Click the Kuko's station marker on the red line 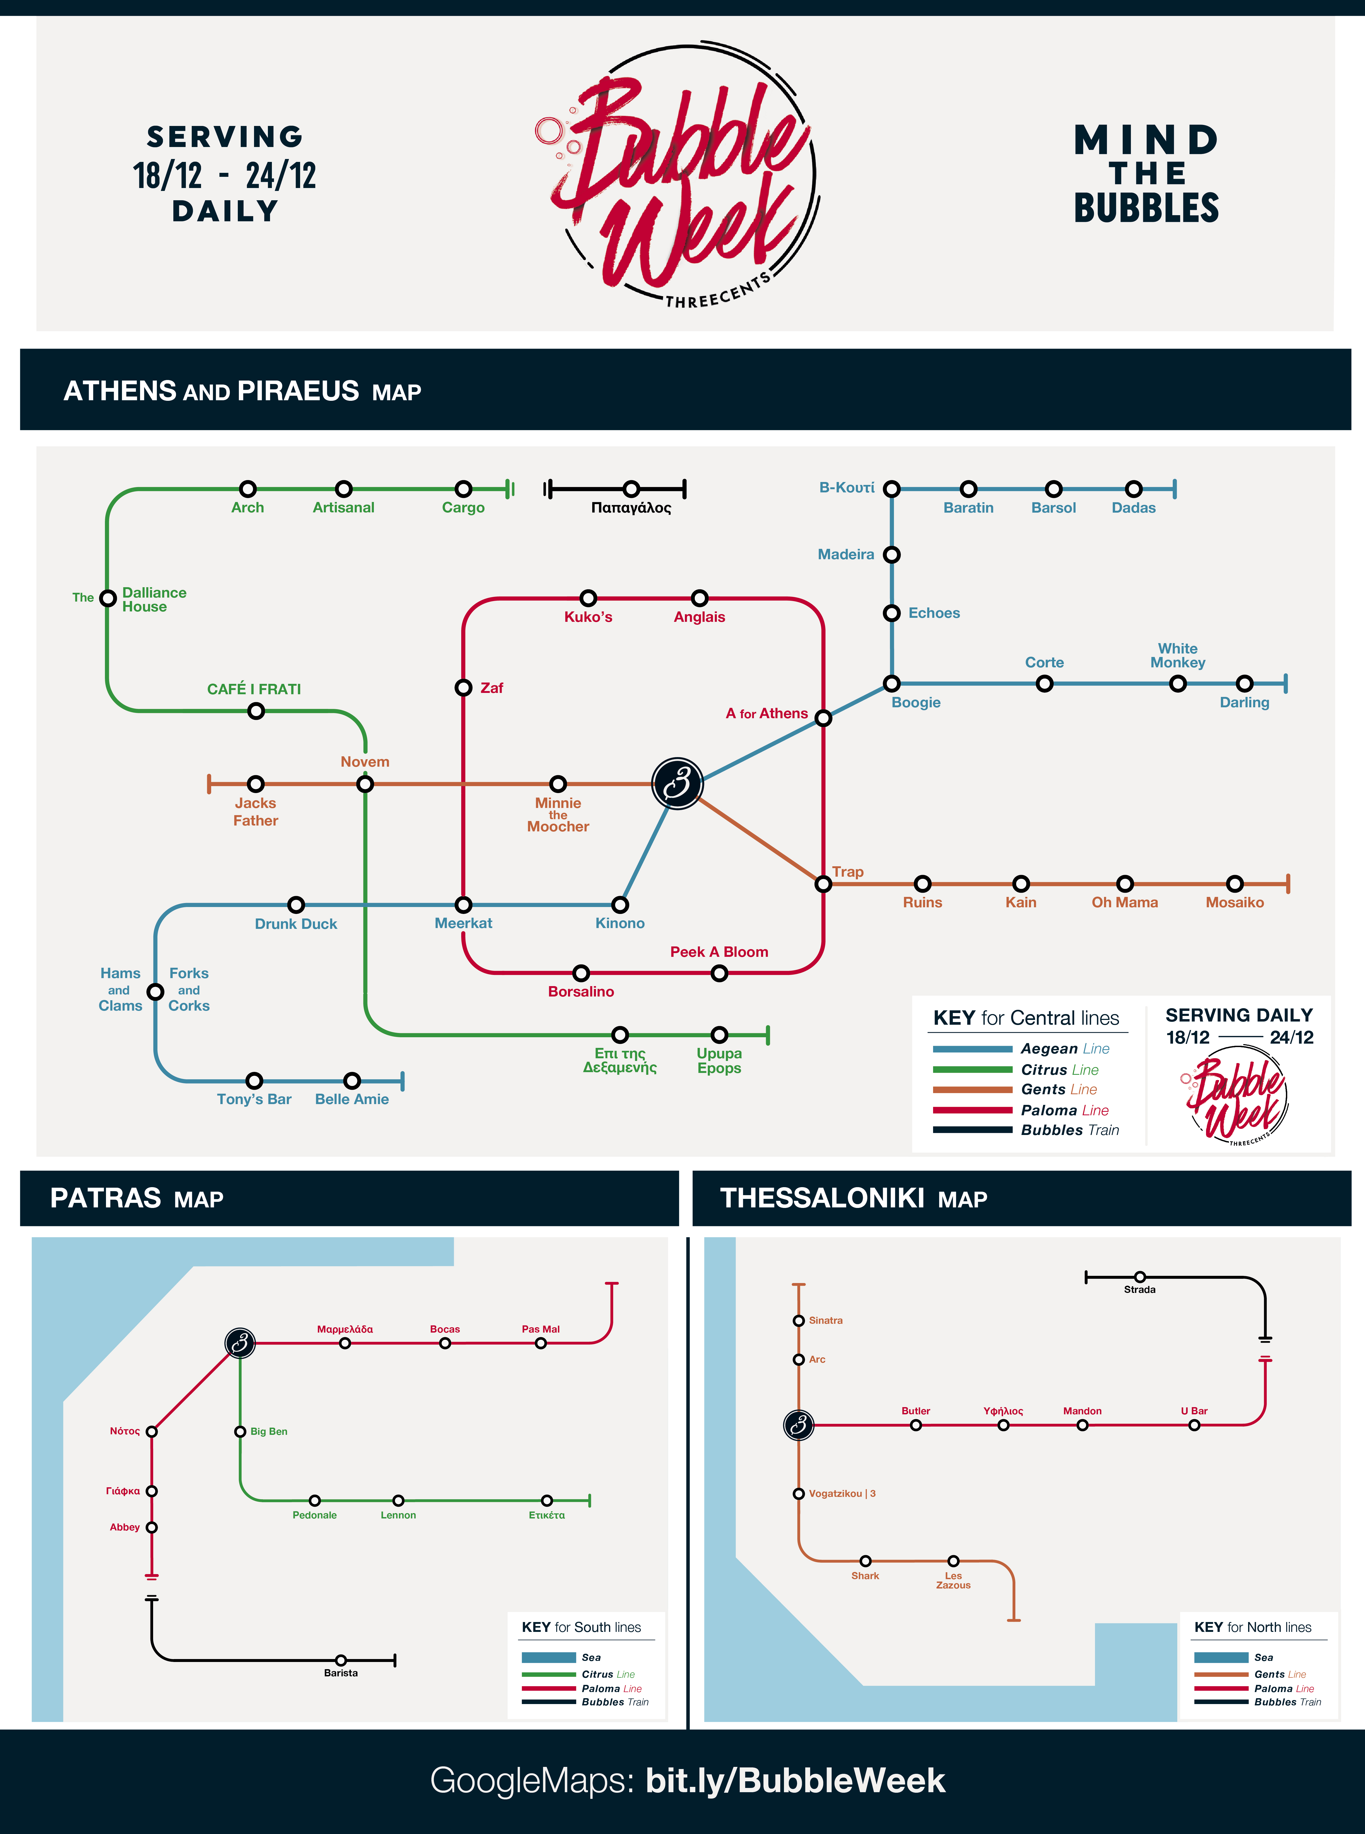coord(588,597)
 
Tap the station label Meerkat coord(464,923)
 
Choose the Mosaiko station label coord(1235,902)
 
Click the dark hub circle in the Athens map coord(677,783)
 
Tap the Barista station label coord(340,1673)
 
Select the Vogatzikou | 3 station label coord(842,1494)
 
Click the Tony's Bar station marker coord(255,1081)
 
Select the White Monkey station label coord(1178,655)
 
